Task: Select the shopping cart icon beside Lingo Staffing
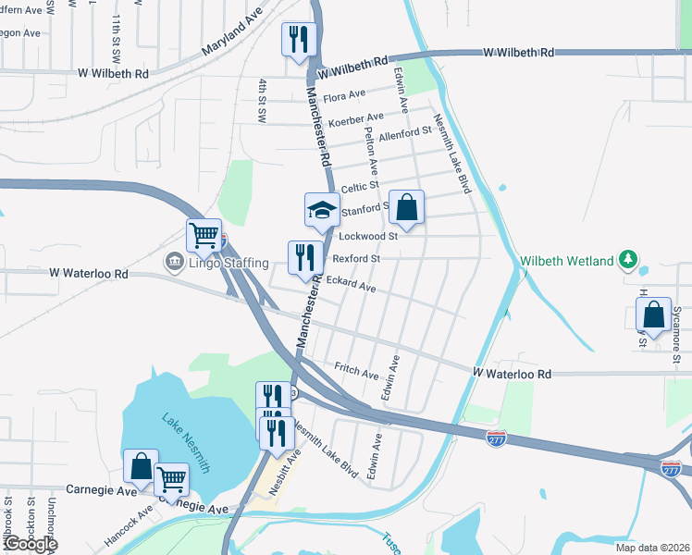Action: (204, 234)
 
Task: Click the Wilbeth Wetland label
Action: (566, 262)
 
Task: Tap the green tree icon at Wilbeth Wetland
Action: (629, 258)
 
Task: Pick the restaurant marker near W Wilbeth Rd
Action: (298, 40)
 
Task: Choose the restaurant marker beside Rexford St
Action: (305, 258)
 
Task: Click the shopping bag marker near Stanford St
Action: (406, 208)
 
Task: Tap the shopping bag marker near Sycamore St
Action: (654, 315)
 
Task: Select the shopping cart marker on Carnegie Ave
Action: (171, 479)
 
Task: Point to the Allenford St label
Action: (411, 133)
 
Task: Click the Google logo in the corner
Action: (31, 544)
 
